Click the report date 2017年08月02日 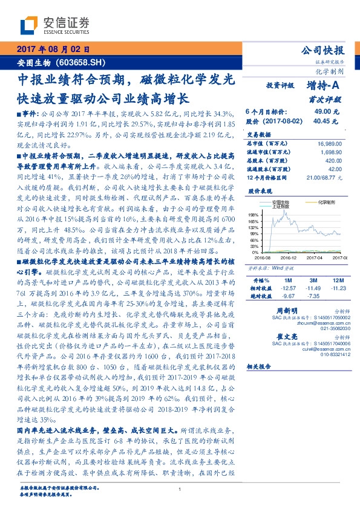pos(52,48)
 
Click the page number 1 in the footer pos(180,490)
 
